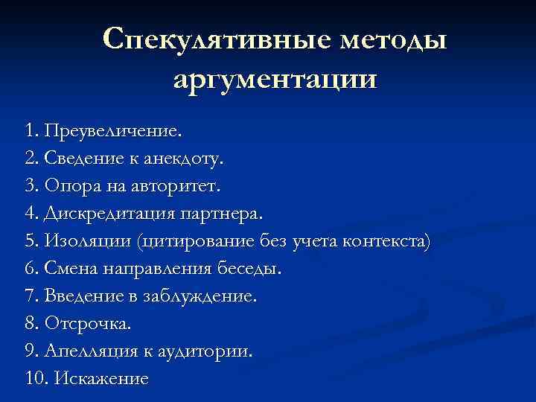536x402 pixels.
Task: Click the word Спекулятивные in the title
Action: (x=197, y=39)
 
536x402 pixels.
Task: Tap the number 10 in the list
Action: (x=35, y=378)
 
